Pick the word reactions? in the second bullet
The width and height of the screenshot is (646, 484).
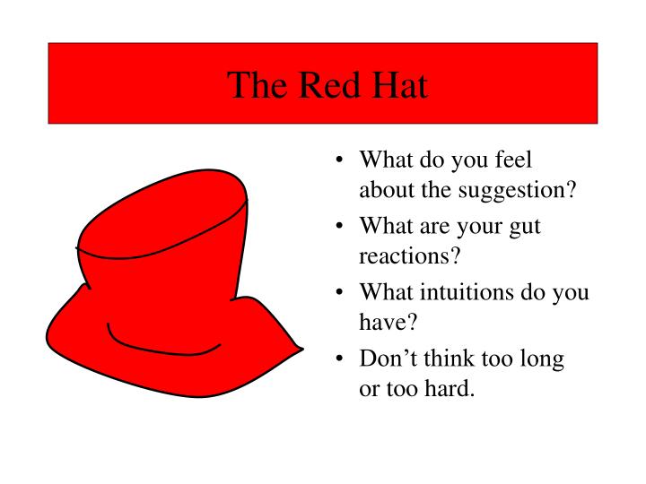(x=409, y=255)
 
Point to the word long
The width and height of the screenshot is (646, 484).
(x=543, y=359)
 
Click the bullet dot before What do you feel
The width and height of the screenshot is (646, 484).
(x=338, y=161)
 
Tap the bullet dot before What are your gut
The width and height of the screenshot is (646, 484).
(x=338, y=228)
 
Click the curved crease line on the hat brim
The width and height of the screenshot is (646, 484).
(x=161, y=346)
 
